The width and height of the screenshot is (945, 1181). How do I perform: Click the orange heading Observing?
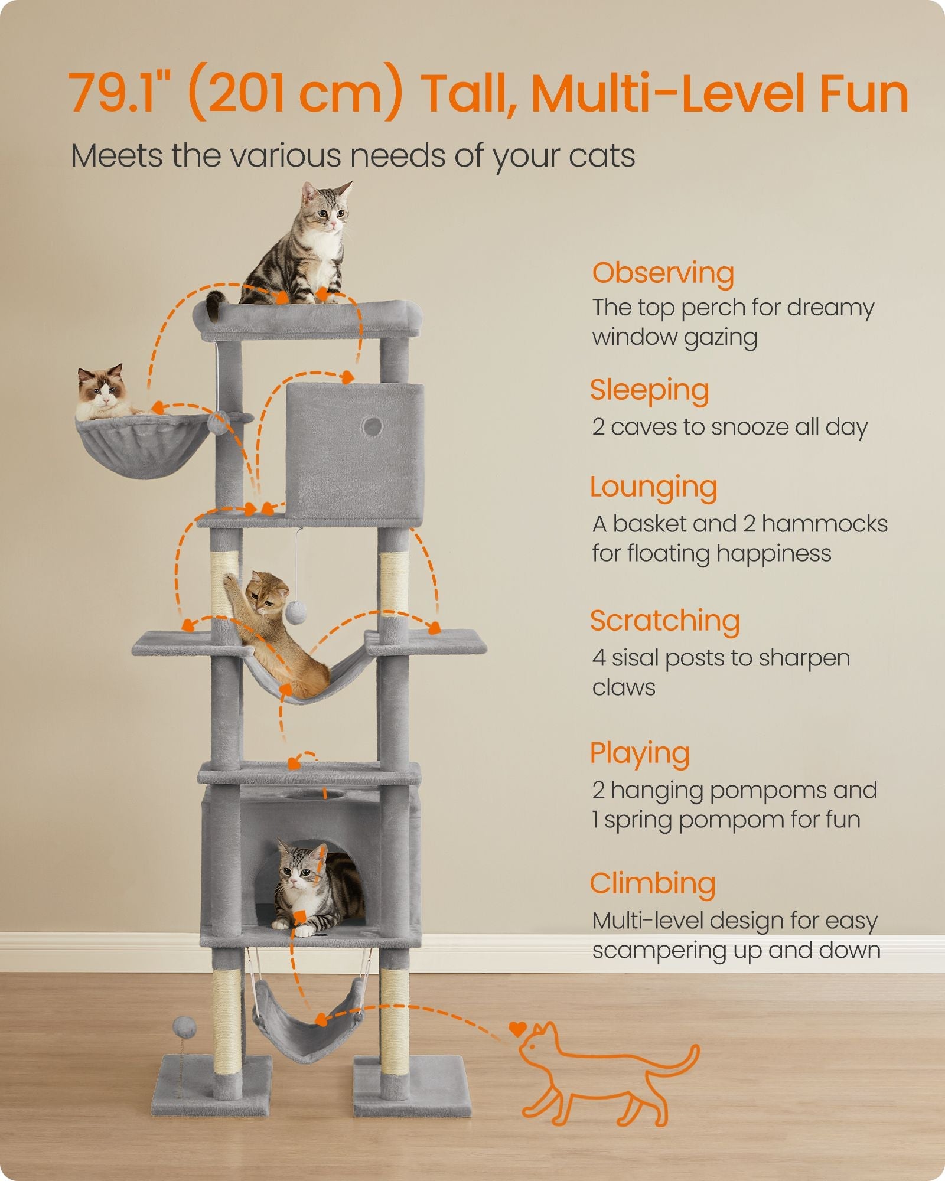click(x=663, y=273)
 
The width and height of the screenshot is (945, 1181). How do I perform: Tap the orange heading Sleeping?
click(x=649, y=390)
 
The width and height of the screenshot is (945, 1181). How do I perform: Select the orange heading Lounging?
click(x=653, y=488)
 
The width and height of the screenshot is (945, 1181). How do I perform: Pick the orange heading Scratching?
click(x=664, y=621)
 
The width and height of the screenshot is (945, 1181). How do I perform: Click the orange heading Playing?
click(x=640, y=753)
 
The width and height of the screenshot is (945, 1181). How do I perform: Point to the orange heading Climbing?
click(x=652, y=884)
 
